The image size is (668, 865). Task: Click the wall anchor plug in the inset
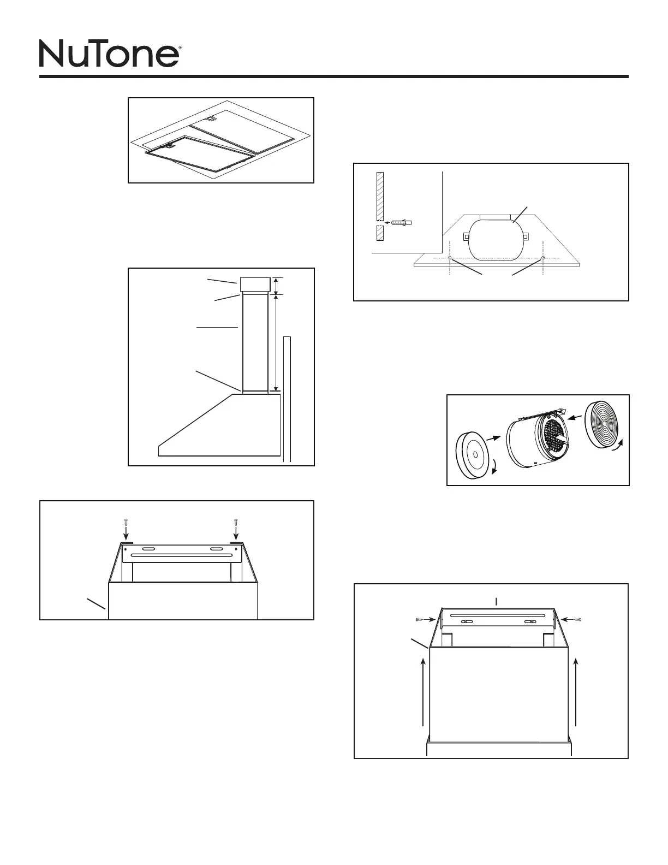point(401,222)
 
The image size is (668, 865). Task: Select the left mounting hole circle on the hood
point(449,257)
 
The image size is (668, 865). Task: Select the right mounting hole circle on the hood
point(543,257)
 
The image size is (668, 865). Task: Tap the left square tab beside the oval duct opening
point(467,236)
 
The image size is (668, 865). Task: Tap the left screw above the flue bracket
point(125,523)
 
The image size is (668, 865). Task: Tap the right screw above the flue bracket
point(235,523)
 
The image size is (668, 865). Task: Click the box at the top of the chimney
point(255,285)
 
